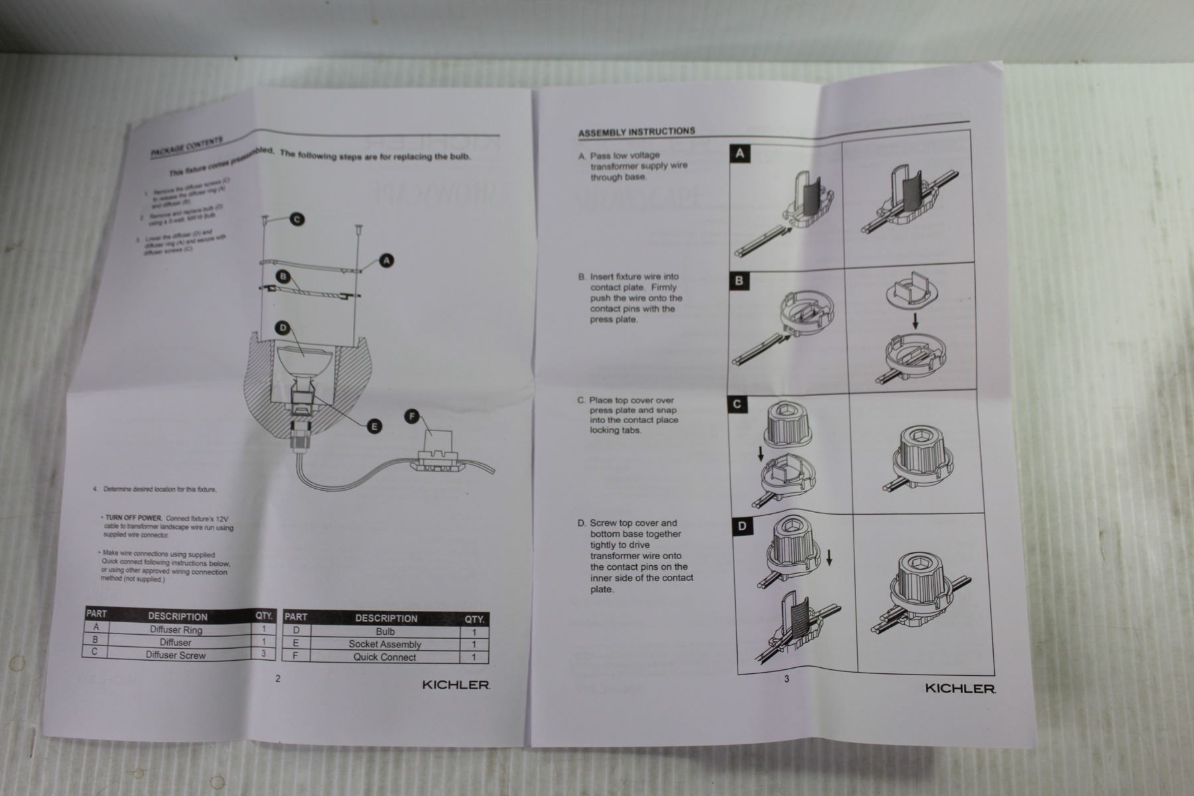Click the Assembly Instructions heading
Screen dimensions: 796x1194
coord(636,131)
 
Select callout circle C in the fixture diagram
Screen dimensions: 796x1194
coord(297,220)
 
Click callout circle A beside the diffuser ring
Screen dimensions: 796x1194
coord(385,261)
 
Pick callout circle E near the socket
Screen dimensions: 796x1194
coord(374,426)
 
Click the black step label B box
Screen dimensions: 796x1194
coord(739,281)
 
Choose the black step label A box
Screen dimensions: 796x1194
coord(740,155)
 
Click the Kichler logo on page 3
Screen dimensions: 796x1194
coord(960,689)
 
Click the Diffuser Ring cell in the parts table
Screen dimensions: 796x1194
coord(176,630)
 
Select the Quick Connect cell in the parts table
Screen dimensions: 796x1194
coord(385,657)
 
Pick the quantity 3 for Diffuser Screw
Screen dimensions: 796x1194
coord(263,654)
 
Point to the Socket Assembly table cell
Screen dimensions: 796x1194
coord(385,644)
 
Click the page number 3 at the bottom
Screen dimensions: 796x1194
coord(787,679)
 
